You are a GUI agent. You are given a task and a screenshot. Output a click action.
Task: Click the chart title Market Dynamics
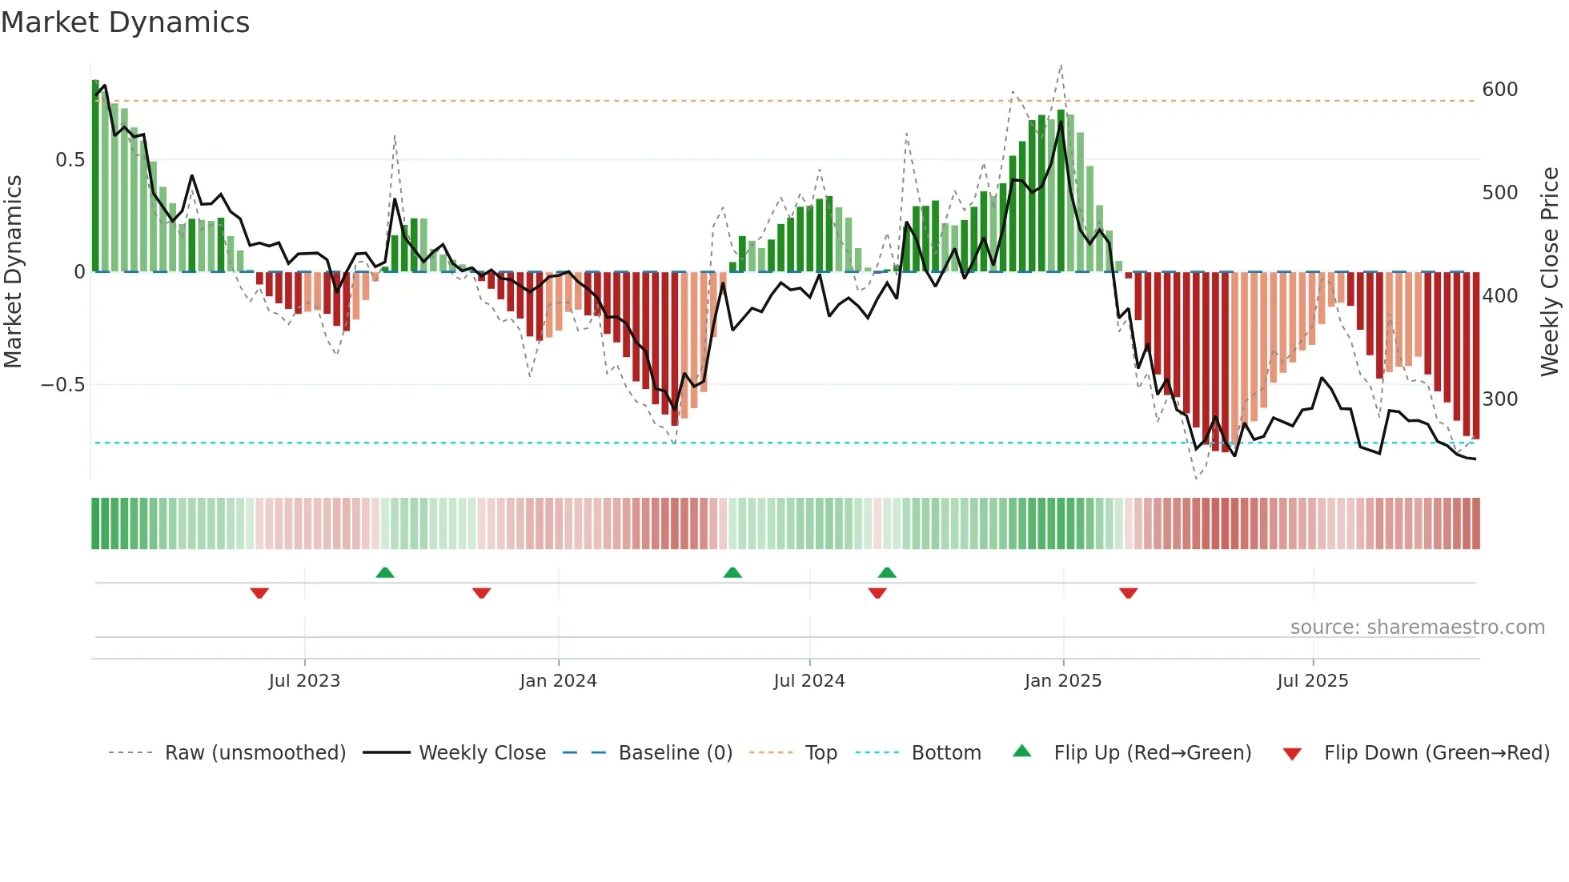125,22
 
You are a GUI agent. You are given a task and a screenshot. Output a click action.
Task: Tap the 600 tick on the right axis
1499,89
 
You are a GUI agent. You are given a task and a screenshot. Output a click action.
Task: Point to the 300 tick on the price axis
1499,399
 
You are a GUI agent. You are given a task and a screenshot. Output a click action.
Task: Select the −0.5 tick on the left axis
62,385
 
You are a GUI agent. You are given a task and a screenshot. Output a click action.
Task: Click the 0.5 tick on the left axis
70,160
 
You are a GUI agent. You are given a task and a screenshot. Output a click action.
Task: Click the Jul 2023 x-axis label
304,681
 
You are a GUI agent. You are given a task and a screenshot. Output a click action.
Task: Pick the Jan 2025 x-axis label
1062,681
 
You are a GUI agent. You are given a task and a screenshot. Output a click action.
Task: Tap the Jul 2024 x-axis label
809,681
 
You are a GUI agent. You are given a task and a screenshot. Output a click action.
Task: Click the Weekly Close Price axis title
1550,272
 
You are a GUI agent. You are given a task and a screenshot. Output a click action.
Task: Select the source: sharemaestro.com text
1417,627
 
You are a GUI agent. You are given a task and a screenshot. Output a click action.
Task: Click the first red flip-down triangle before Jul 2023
259,593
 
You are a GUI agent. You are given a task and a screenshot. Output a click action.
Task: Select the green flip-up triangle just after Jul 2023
385,572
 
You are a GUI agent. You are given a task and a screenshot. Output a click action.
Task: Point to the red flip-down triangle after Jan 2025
1128,593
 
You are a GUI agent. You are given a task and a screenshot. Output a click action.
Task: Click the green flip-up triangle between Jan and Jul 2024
732,572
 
